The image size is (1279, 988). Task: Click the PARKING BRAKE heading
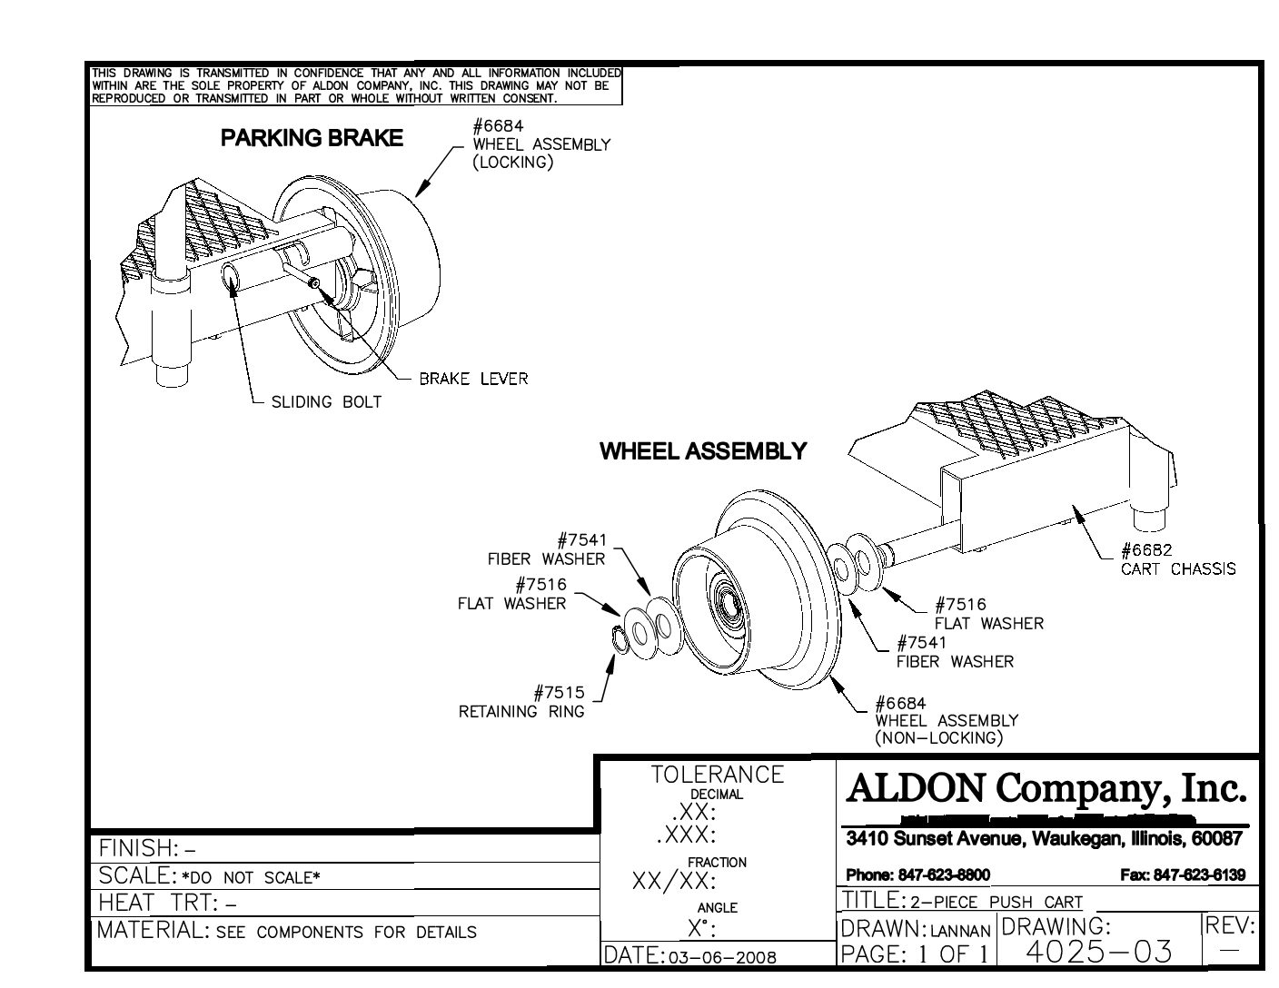312,138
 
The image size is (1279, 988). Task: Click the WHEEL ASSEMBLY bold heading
702,451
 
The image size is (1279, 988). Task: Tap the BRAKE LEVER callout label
472,379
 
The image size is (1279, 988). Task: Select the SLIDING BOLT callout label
326,401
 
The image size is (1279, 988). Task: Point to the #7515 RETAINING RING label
523,702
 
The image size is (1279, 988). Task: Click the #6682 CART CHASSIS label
1177,559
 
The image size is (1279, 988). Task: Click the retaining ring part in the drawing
619,638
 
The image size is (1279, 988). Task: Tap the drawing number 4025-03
1098,951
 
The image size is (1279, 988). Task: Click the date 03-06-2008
721,957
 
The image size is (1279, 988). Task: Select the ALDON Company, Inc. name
1046,788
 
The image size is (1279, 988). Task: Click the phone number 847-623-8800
917,875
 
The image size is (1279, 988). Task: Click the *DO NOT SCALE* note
251,877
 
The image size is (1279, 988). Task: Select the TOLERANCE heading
717,774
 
